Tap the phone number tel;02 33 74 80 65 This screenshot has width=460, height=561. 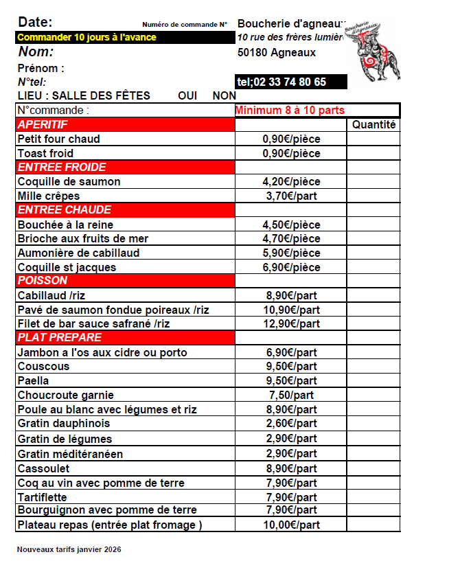tap(281, 82)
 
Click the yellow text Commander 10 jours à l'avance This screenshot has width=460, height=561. tap(87, 37)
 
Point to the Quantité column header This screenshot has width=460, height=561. tap(373, 125)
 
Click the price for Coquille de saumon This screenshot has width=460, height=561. tap(291, 182)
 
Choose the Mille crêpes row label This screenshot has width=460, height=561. tap(49, 196)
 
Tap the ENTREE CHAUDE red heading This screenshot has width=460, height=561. tap(64, 210)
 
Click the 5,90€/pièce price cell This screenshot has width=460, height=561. tap(291, 253)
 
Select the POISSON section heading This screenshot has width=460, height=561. tap(43, 281)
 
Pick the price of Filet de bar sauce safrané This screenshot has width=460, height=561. tap(291, 324)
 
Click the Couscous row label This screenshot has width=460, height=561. tap(43, 367)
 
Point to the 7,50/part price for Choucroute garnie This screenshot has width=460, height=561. tap(291, 396)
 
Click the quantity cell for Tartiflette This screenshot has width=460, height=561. tap(373, 497)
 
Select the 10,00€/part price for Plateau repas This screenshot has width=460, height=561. tap(291, 525)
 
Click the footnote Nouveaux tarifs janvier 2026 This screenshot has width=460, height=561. tap(69, 549)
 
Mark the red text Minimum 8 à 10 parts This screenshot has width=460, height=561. tap(290, 110)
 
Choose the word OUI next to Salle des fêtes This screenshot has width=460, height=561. tap(187, 96)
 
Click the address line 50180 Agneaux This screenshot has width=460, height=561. tap(277, 52)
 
